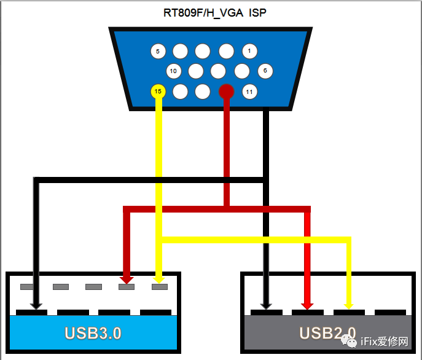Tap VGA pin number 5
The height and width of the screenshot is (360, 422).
point(158,52)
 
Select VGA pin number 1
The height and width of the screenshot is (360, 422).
point(249,52)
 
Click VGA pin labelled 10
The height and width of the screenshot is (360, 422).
point(173,71)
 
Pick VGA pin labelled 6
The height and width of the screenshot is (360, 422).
point(265,71)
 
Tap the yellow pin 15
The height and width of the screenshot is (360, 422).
point(158,92)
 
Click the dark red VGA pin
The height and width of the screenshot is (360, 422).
point(227,92)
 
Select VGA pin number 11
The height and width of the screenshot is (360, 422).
point(249,92)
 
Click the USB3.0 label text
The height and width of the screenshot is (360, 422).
point(93,334)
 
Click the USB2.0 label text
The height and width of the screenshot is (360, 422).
point(327,334)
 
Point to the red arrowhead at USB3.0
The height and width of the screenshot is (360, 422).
point(127,280)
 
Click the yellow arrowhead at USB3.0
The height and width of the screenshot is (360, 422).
point(158,280)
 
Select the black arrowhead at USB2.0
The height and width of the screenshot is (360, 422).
point(266,304)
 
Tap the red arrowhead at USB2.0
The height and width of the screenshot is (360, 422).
point(308,304)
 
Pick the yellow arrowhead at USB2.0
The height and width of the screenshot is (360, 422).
point(349,304)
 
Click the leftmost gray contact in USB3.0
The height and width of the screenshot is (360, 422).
point(28,287)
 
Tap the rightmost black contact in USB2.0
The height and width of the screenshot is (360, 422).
point(390,312)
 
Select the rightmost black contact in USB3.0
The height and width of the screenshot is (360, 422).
point(155,312)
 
